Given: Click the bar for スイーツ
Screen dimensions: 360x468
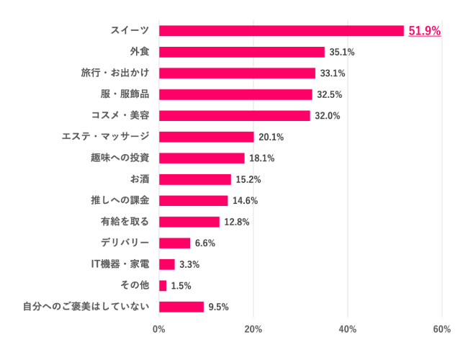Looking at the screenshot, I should [281, 30].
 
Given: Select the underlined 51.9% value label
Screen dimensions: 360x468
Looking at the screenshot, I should [424, 31].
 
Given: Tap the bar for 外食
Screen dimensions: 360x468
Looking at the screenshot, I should [241, 52].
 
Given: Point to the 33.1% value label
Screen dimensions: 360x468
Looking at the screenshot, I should [333, 73].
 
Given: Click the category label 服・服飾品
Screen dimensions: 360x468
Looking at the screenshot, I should [125, 94].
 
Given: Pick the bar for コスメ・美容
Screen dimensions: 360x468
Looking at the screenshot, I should [234, 116].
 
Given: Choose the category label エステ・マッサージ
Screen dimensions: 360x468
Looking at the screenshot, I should [105, 137].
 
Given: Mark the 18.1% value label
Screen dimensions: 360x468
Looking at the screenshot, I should [262, 158].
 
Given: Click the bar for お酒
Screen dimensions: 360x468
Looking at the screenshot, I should [194, 179].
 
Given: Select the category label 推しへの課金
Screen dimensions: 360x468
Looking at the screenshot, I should [120, 200].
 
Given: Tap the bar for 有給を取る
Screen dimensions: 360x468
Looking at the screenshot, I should [189, 222].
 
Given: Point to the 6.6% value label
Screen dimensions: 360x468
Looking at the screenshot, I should [205, 243].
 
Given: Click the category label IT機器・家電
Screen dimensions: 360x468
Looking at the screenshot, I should [120, 264].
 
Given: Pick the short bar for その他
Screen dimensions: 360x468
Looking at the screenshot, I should [163, 286].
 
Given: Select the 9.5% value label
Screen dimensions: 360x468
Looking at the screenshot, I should [218, 307].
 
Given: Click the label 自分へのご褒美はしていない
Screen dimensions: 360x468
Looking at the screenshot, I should [86, 307].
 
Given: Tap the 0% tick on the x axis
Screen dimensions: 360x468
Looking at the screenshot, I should [159, 330].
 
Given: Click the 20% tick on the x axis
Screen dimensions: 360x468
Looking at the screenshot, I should [253, 330].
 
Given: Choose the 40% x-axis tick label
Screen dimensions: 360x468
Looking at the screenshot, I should [347, 330].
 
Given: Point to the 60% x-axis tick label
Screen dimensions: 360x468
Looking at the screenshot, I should [441, 330].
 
